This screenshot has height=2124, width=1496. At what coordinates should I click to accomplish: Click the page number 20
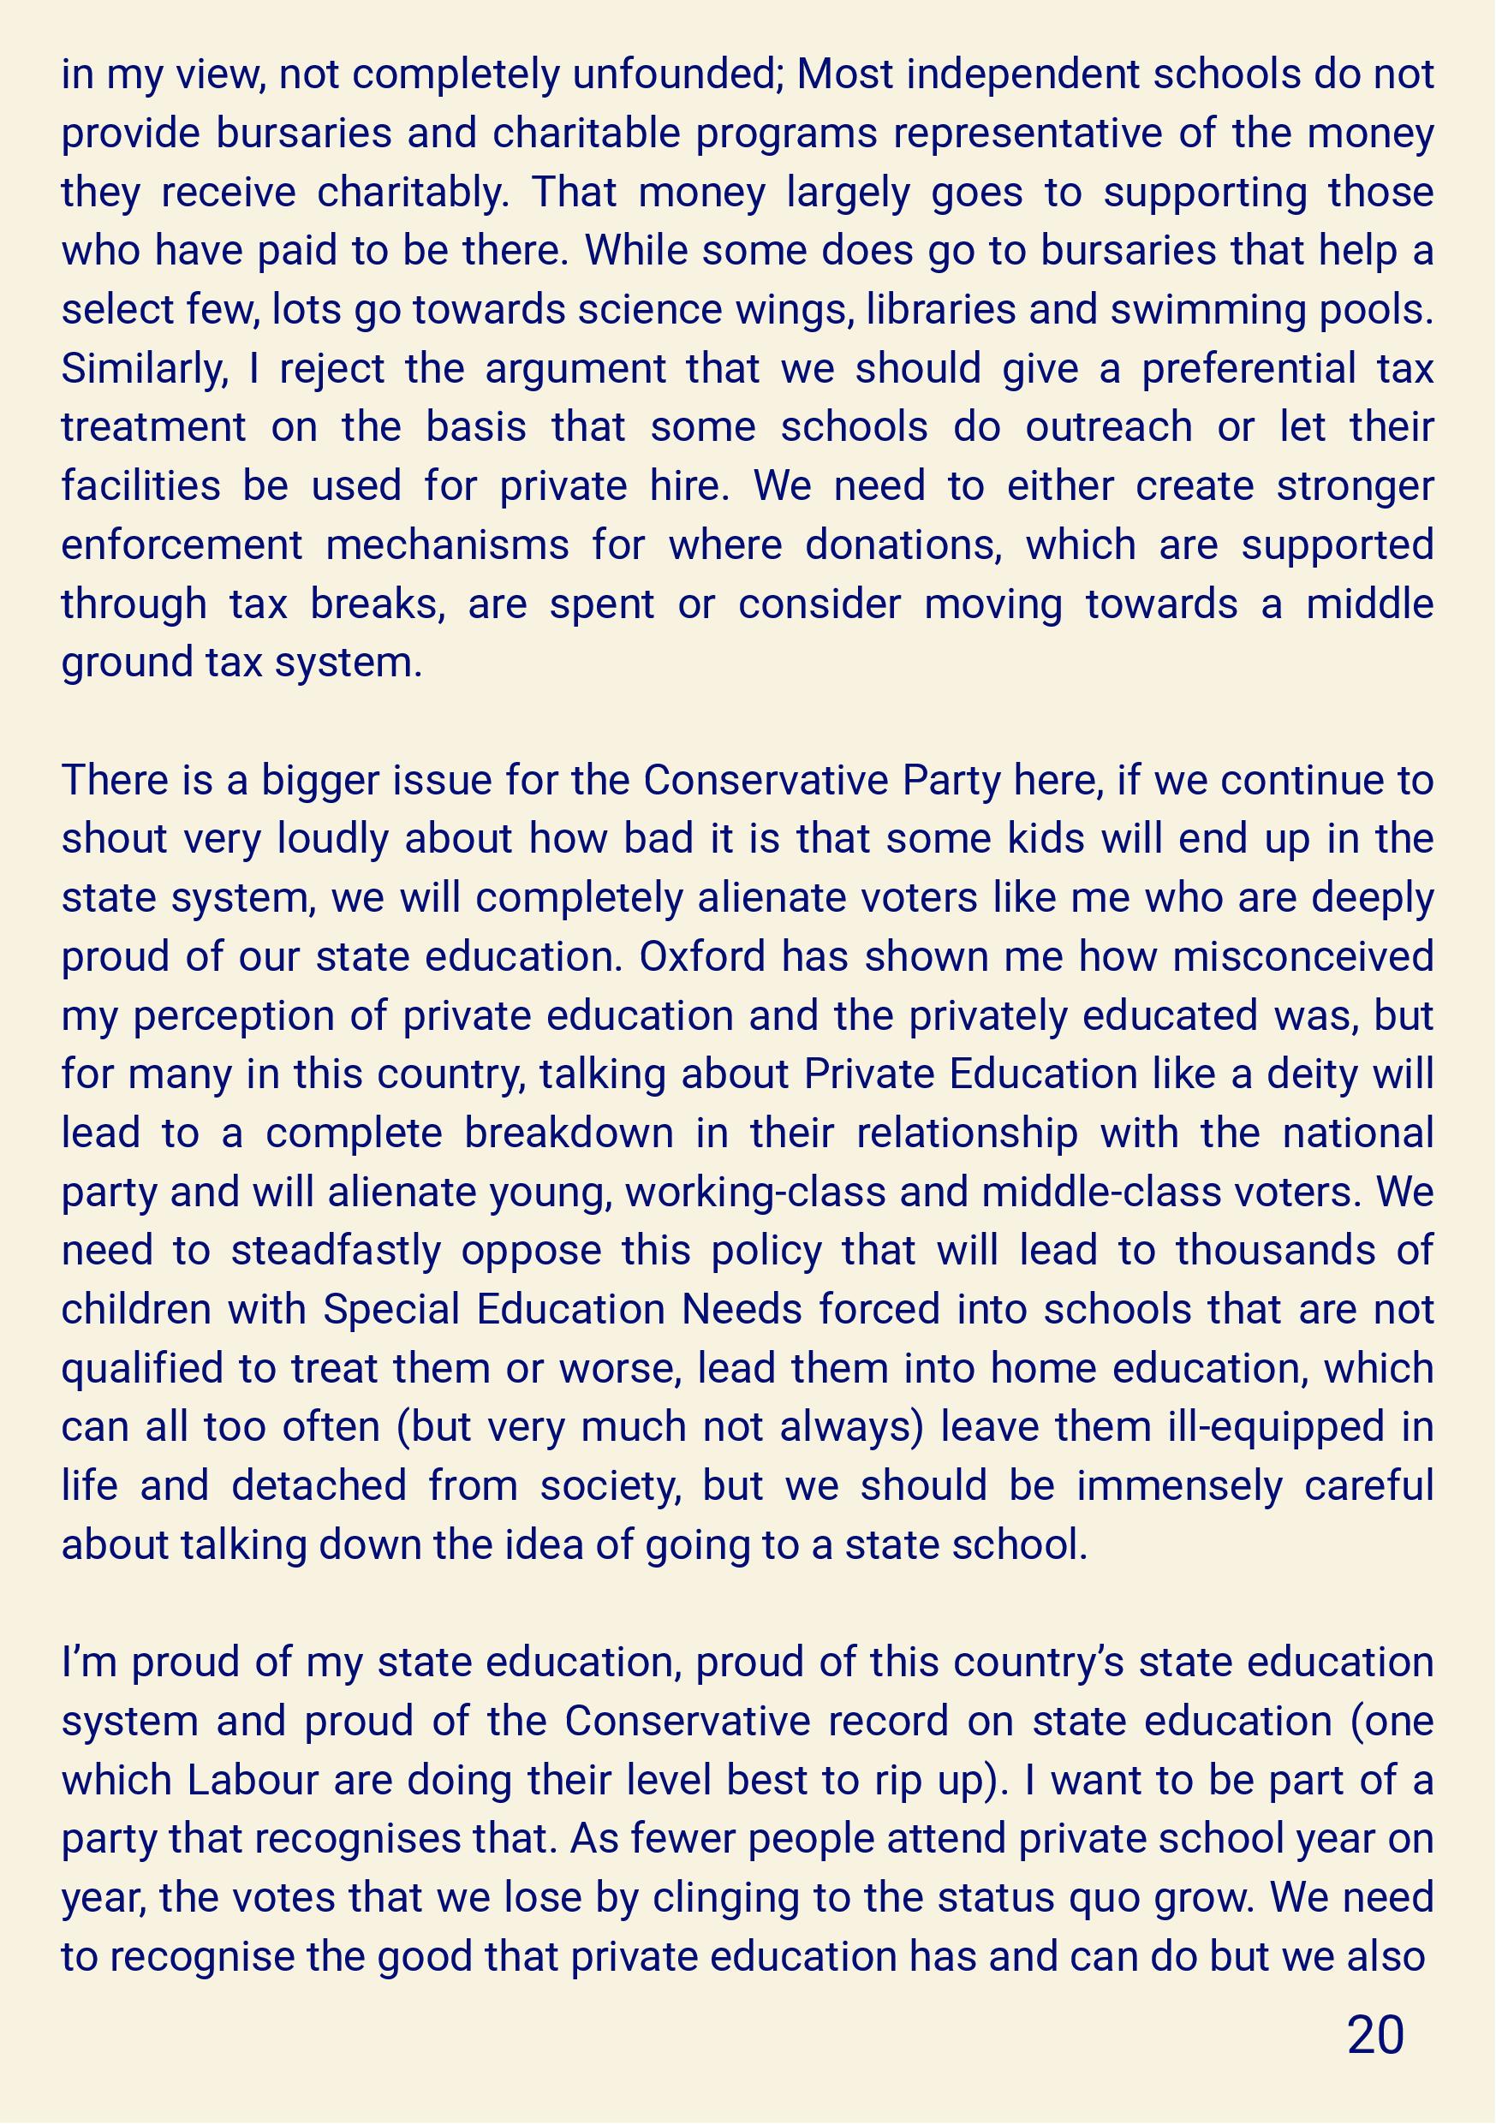tap(1376, 2034)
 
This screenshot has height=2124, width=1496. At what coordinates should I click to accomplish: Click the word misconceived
tap(1302, 957)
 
